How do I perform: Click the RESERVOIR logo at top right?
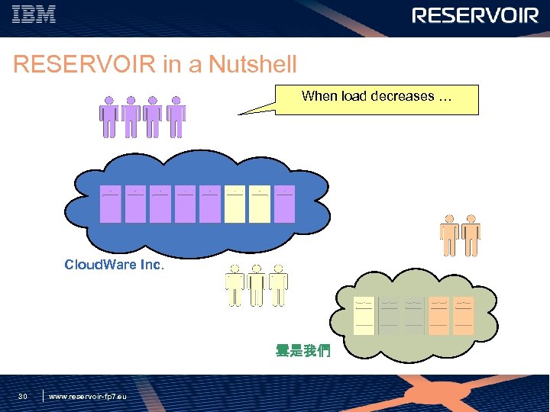coord(475,16)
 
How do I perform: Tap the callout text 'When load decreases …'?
coord(377,97)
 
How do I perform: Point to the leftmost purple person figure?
coord(109,117)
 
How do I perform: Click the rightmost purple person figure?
coord(176,117)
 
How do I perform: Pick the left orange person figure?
coord(449,235)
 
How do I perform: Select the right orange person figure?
coord(471,235)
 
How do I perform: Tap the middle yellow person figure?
coord(257,285)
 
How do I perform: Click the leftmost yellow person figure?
coord(235,285)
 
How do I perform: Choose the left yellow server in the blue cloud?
coord(235,203)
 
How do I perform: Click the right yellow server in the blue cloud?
coord(260,203)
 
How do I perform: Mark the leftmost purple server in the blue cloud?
coord(111,203)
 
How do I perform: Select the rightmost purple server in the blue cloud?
coord(284,203)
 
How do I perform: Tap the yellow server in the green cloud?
coord(364,314)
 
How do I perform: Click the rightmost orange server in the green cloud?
coord(463,314)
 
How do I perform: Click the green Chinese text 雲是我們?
coord(303,352)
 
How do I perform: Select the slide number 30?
coord(23,396)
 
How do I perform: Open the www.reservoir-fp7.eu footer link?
coord(88,397)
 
